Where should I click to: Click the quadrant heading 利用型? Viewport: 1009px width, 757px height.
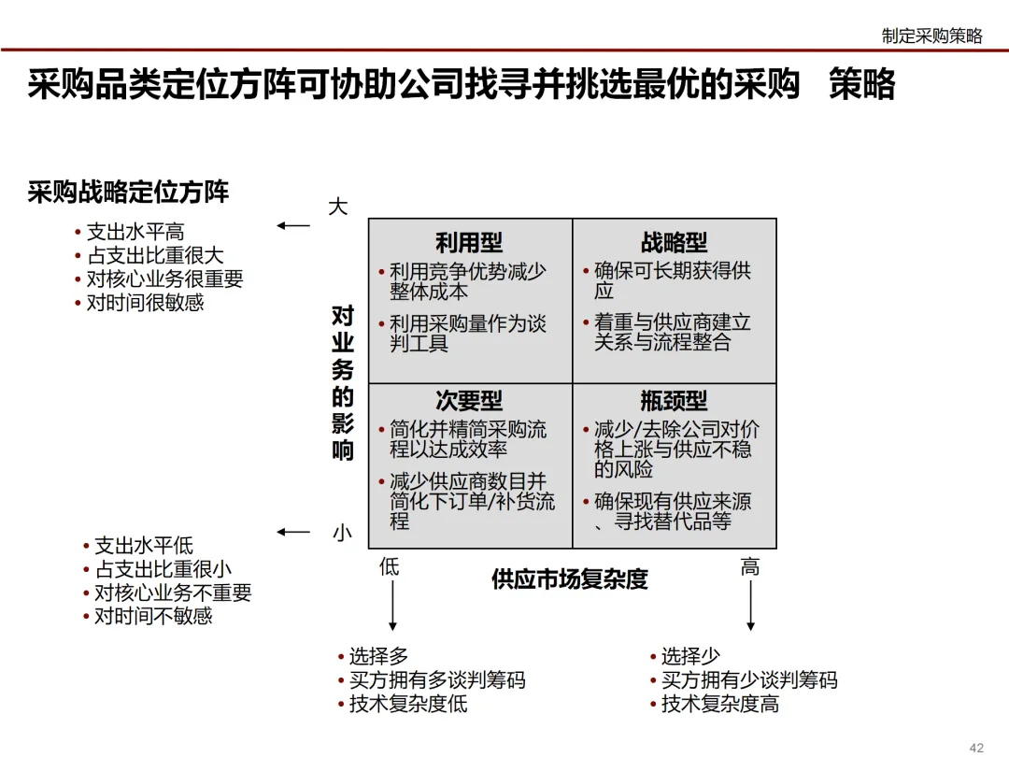(469, 244)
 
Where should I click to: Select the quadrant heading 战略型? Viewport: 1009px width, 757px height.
(674, 244)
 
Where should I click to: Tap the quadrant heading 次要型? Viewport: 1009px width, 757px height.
(469, 402)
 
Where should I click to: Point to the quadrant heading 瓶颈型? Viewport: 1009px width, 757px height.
(674, 402)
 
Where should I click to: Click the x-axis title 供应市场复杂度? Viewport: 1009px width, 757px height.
(569, 579)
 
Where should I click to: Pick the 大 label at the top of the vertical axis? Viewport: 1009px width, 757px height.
(338, 207)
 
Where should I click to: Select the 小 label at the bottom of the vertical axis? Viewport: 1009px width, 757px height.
(342, 534)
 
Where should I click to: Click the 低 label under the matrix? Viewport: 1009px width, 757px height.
(389, 566)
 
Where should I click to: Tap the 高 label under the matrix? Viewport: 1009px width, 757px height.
(749, 566)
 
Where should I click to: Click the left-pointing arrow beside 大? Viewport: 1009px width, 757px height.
(293, 225)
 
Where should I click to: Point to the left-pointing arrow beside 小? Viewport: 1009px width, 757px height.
(293, 533)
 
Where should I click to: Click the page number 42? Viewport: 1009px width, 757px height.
(977, 747)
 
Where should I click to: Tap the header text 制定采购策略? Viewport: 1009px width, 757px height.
(931, 36)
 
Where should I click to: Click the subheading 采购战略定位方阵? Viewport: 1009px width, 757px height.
(128, 193)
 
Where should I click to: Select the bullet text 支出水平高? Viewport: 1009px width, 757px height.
(135, 232)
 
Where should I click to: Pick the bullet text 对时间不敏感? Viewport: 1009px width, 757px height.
(153, 616)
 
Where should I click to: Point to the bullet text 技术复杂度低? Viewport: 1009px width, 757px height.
(408, 704)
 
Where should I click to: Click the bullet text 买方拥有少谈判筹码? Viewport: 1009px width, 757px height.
(749, 680)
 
